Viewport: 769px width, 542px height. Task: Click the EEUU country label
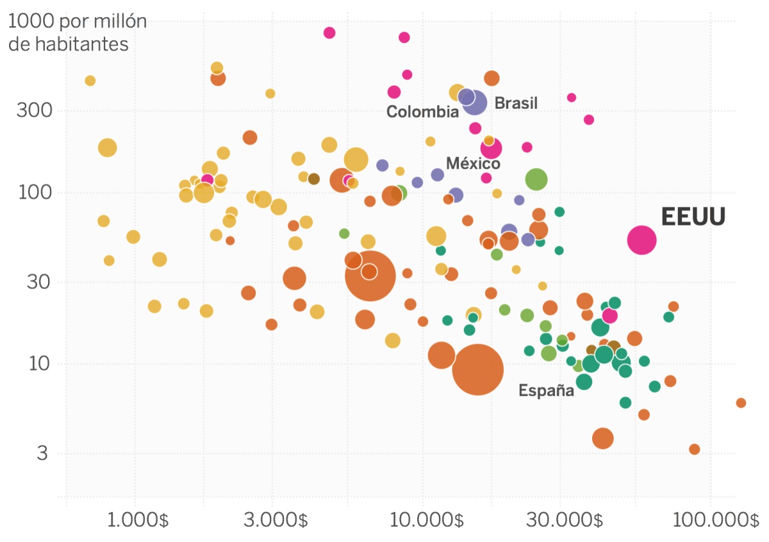[x=693, y=217]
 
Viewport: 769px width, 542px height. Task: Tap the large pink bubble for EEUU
[x=641, y=240]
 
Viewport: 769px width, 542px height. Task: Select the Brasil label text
[x=516, y=103]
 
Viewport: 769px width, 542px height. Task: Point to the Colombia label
[x=422, y=112]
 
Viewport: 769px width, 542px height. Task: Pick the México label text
[x=473, y=163]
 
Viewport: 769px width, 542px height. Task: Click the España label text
[x=546, y=390]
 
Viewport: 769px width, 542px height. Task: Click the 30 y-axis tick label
[x=36, y=282]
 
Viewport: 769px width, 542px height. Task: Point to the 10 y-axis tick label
[x=36, y=364]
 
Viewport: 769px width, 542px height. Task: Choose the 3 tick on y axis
[x=42, y=454]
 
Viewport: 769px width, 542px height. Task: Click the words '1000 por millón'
[x=78, y=22]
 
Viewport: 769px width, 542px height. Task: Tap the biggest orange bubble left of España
[x=477, y=369]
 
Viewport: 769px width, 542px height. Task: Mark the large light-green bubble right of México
[x=536, y=179]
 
